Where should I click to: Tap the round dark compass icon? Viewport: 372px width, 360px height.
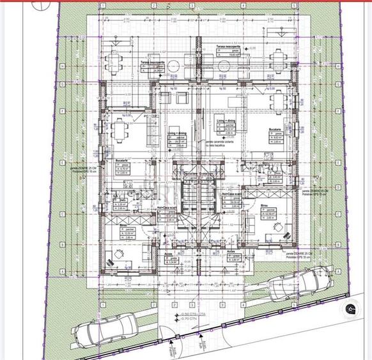pyautogui.click(x=351, y=309)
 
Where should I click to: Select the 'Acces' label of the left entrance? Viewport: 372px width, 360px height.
pyautogui.click(x=169, y=253)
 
